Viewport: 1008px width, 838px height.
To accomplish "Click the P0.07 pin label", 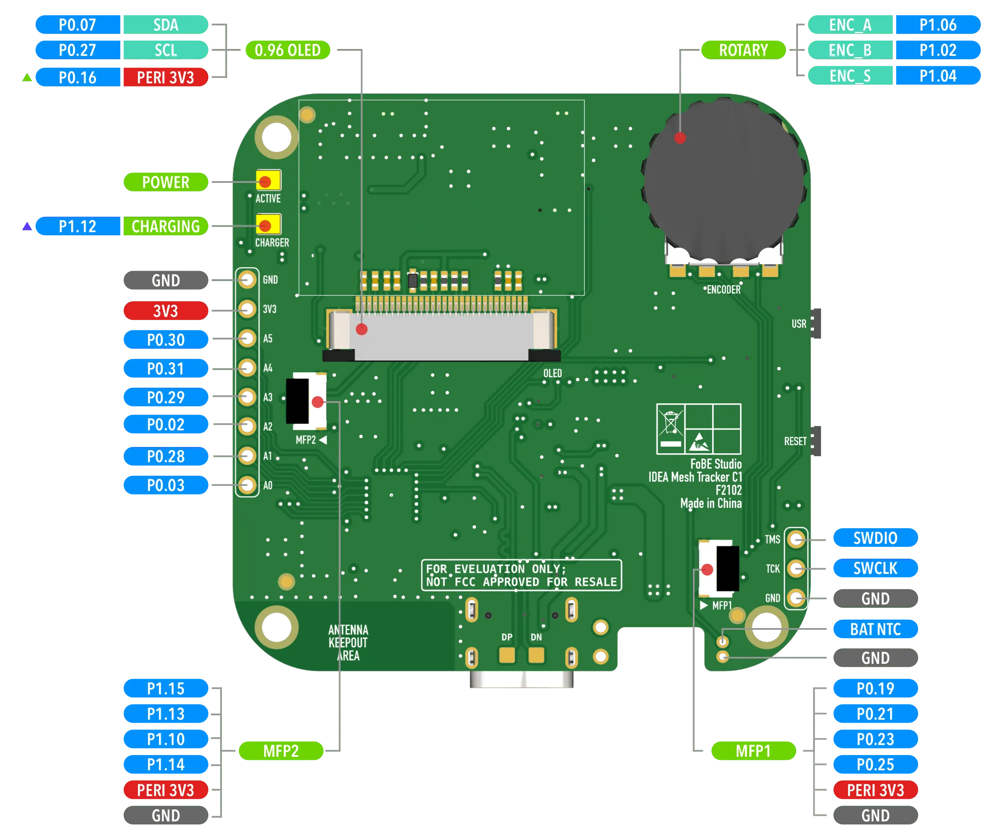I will point(77,24).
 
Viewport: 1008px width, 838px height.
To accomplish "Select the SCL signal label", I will point(165,50).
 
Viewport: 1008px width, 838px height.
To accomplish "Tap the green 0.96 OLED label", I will point(287,50).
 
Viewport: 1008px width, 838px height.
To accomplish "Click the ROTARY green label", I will point(743,50).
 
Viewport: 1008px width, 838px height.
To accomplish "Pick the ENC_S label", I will point(850,76).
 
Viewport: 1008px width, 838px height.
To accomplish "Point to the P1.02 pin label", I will point(937,50).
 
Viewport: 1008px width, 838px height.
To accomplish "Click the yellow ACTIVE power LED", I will point(268,181).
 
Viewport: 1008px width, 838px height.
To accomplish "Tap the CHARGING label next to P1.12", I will point(165,226).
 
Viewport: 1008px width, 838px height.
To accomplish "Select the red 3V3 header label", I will point(165,311).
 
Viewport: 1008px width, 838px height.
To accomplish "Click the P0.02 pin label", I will point(165,425).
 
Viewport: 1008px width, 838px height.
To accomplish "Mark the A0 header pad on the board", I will point(247,485).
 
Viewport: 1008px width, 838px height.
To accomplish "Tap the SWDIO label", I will point(875,538).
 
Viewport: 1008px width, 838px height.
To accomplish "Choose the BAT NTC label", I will point(875,629).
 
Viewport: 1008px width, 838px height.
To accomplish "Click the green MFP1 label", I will point(753,751).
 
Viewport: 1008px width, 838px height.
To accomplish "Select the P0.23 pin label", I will point(875,739).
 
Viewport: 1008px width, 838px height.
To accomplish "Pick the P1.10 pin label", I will point(165,739).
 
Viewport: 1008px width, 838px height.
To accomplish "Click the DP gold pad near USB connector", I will point(507,655).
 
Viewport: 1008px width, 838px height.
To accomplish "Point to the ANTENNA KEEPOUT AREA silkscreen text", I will point(348,643).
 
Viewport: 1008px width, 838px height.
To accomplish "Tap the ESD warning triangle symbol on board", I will point(699,442).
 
